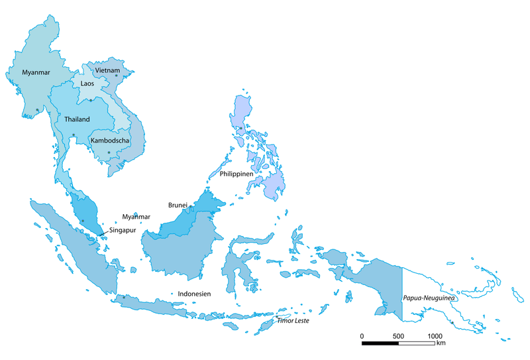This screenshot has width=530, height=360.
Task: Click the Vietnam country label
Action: pyautogui.click(x=107, y=70)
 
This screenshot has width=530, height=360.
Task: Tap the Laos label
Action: pyautogui.click(x=87, y=84)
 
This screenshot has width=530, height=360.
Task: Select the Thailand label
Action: pyautogui.click(x=77, y=119)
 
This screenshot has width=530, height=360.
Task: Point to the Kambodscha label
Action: pyautogui.click(x=109, y=141)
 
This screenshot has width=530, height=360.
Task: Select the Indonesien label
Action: pyautogui.click(x=193, y=294)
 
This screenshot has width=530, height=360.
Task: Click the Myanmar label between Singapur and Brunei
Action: pyautogui.click(x=136, y=217)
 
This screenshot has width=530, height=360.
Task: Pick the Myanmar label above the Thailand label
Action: pyautogui.click(x=36, y=72)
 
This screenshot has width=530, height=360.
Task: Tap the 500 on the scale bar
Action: pyautogui.click(x=398, y=336)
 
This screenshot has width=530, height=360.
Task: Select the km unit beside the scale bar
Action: pyautogui.click(x=441, y=344)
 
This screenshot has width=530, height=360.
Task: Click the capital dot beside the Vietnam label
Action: pyautogui.click(x=117, y=76)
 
